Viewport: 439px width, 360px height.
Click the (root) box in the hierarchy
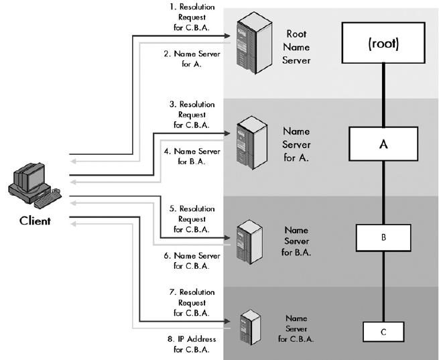pyautogui.click(x=384, y=45)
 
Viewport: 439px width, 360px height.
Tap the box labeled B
pyautogui.click(x=383, y=237)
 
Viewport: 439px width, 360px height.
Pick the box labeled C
pyautogui.click(x=383, y=331)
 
